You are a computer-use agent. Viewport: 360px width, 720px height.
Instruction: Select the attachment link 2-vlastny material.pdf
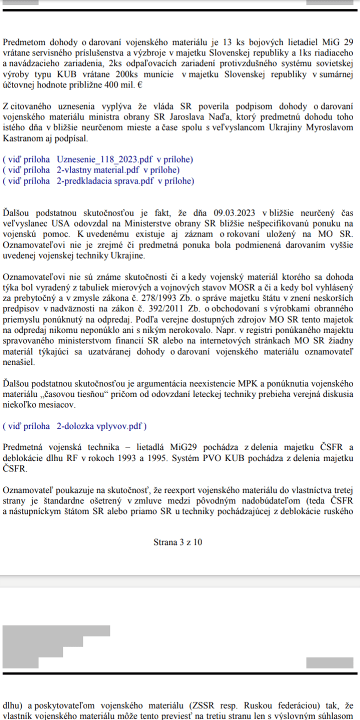click(99, 170)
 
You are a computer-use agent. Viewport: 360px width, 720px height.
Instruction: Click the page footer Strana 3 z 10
click(178, 542)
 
